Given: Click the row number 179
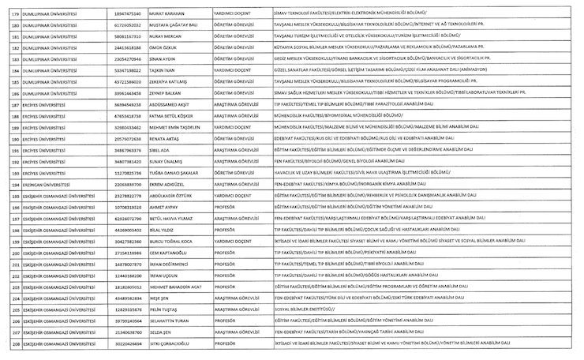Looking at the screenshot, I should [12, 14].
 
